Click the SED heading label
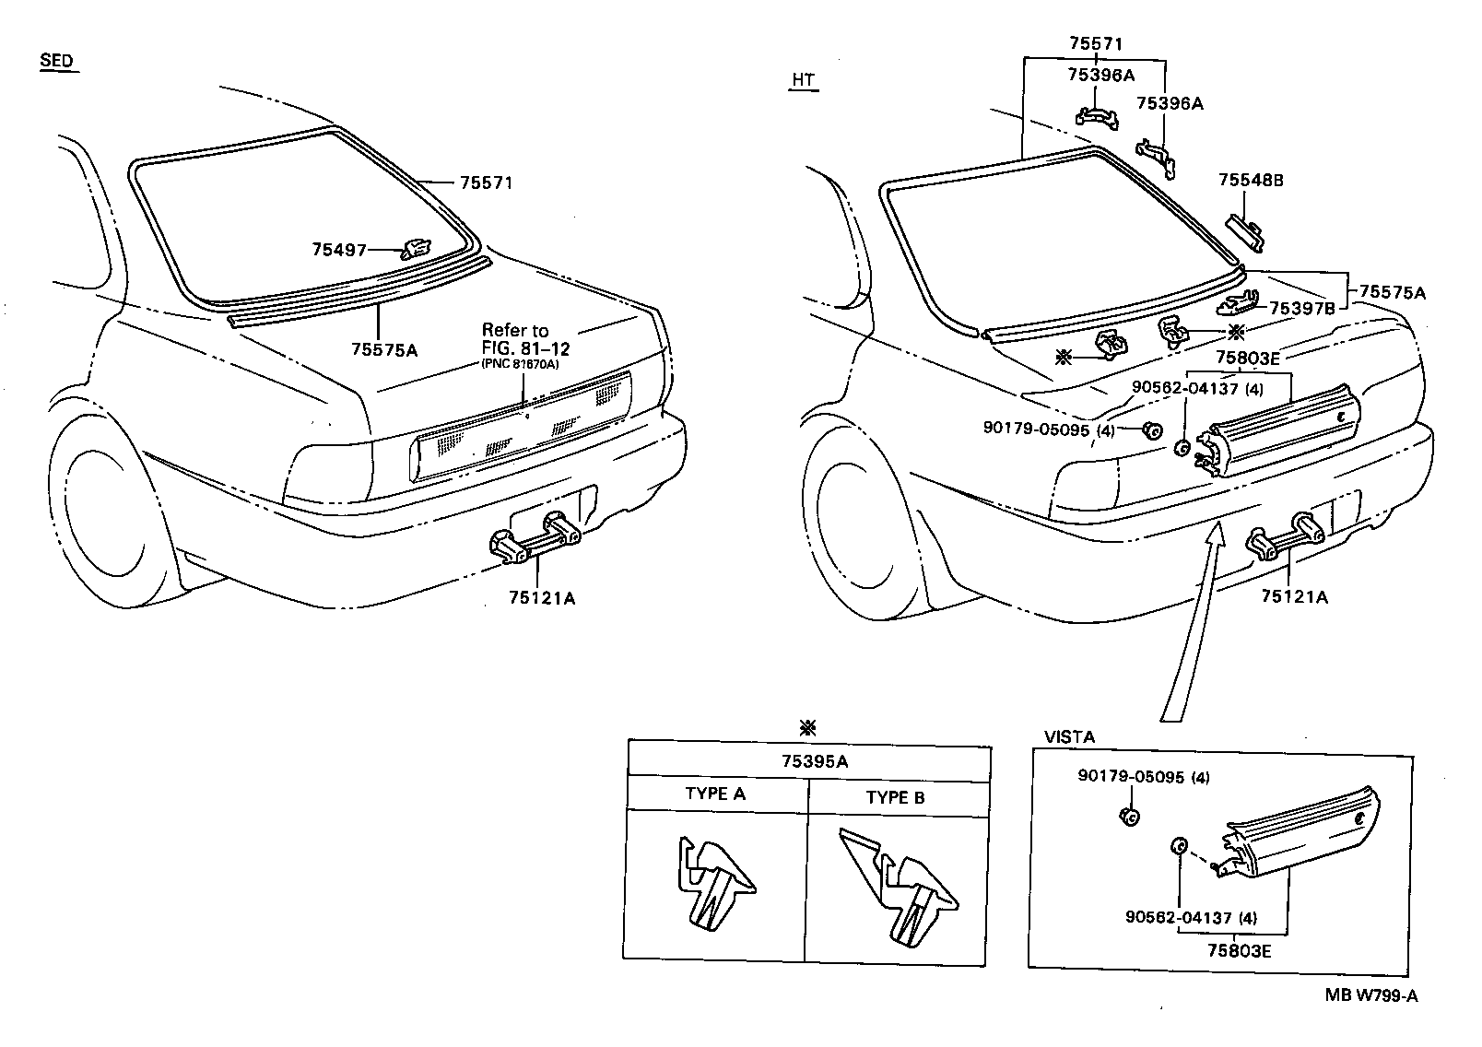pyautogui.click(x=55, y=61)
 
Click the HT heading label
pyautogui.click(x=803, y=80)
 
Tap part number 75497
pyautogui.click(x=339, y=250)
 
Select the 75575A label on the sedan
pyautogui.click(x=383, y=349)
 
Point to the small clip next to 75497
pyautogui.click(x=416, y=248)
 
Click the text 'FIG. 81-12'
pyautogui.click(x=525, y=347)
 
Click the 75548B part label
pyautogui.click(x=1251, y=181)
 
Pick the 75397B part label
pyautogui.click(x=1301, y=308)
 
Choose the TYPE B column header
pyautogui.click(x=895, y=797)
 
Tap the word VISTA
pyautogui.click(x=1069, y=737)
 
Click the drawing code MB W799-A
pyautogui.click(x=1371, y=995)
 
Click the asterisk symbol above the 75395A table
pyautogui.click(x=808, y=728)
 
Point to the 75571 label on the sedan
pyautogui.click(x=487, y=182)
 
